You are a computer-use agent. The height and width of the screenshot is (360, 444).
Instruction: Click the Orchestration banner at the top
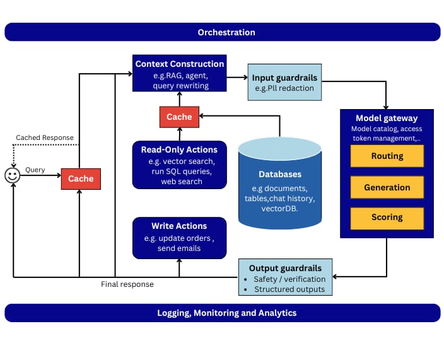pyautogui.click(x=222, y=32)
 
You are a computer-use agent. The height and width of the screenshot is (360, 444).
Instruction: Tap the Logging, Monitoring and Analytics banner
pyautogui.click(x=222, y=313)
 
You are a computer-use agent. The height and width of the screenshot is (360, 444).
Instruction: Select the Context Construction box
pyautogui.click(x=180, y=73)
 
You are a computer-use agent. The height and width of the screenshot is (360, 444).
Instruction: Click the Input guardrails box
pyautogui.click(x=284, y=83)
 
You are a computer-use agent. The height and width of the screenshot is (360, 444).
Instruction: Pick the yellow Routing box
pyautogui.click(x=387, y=156)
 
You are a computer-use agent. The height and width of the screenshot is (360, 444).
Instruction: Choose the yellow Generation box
pyautogui.click(x=387, y=187)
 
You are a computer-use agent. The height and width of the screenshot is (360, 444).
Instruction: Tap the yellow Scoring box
pyautogui.click(x=387, y=218)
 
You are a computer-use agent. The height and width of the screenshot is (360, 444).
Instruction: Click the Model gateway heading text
pyautogui.click(x=386, y=118)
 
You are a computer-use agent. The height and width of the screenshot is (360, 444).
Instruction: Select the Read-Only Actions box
pyautogui.click(x=179, y=165)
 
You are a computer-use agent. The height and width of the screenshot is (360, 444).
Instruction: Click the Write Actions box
pyautogui.click(x=179, y=238)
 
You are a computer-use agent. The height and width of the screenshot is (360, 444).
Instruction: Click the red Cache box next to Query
pyautogui.click(x=81, y=178)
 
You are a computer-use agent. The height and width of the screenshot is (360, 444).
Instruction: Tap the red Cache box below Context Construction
pyautogui.click(x=179, y=117)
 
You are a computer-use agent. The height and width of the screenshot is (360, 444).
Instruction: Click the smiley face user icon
pyautogui.click(x=12, y=176)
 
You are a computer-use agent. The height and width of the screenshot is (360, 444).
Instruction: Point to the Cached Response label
pyautogui.click(x=45, y=137)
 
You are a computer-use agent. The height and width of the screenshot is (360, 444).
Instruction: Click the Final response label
pyautogui.click(x=127, y=284)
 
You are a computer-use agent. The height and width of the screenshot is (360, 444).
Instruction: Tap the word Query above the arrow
pyautogui.click(x=35, y=170)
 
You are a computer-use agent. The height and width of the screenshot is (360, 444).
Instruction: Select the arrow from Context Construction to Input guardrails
pyautogui.click(x=237, y=78)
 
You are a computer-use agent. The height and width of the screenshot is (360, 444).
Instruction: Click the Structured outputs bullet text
pyautogui.click(x=289, y=289)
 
